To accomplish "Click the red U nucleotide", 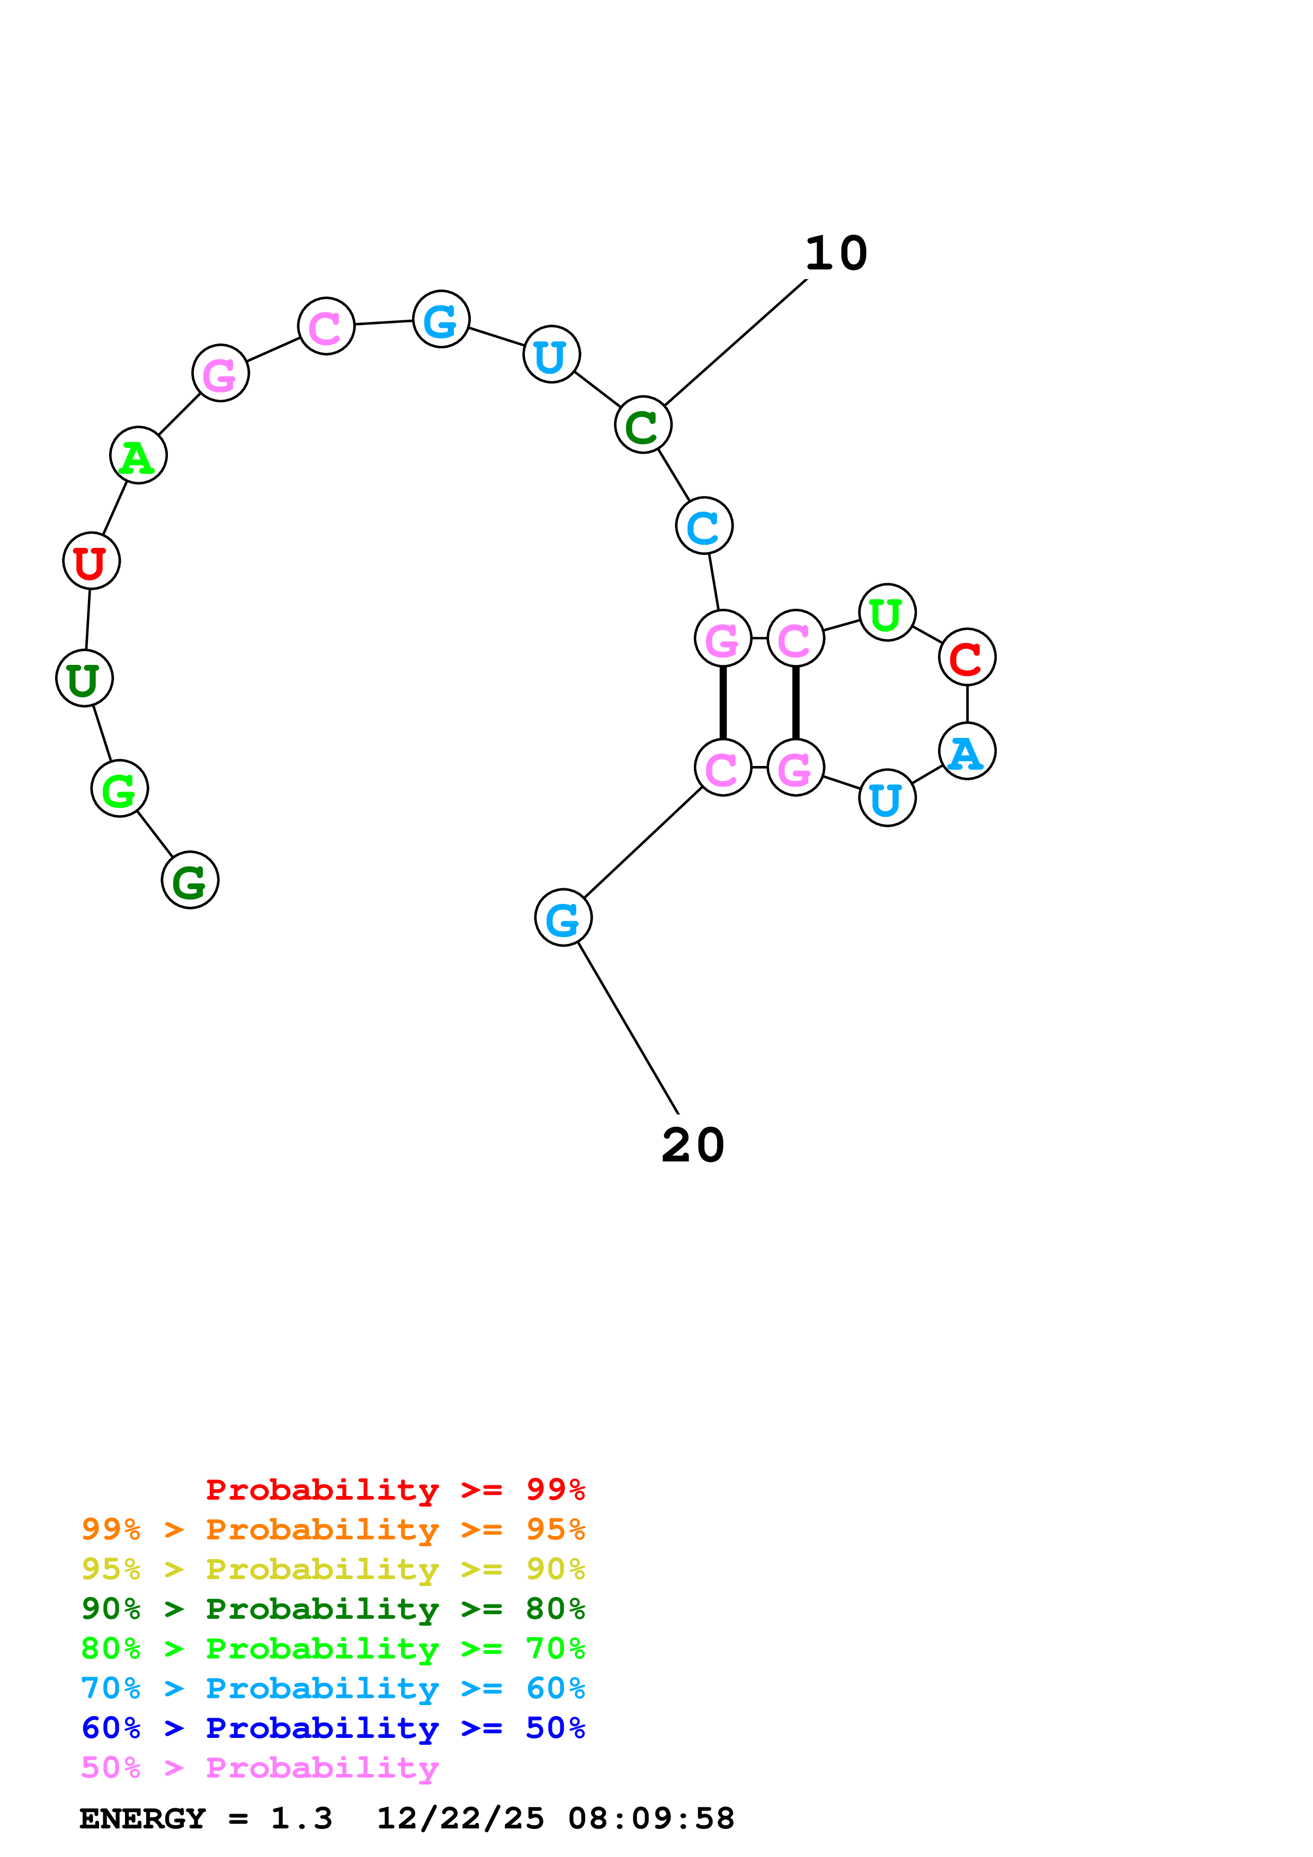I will [x=92, y=561].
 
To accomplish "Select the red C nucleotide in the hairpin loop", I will [x=967, y=657].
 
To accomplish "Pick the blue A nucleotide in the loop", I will [x=967, y=751].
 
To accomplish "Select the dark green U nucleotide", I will [x=84, y=679].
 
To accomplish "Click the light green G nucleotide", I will [x=120, y=789].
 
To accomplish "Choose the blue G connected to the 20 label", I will [x=563, y=918].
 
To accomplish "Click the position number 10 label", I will [x=836, y=254].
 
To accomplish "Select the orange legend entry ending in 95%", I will [x=333, y=1529].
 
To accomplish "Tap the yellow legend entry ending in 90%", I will [x=333, y=1569].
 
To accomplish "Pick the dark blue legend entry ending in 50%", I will [x=333, y=1728].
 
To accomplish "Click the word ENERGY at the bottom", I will [x=142, y=1819].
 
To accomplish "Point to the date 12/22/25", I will [x=460, y=1819].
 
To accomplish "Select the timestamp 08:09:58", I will [x=651, y=1819].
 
